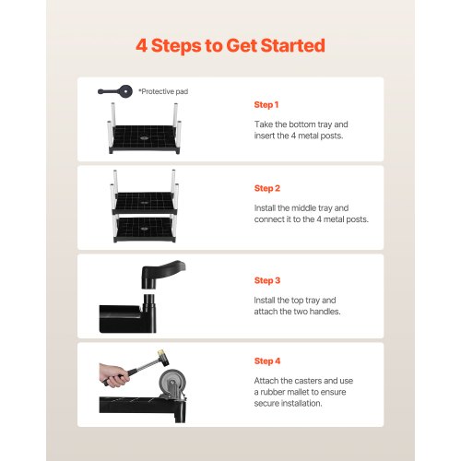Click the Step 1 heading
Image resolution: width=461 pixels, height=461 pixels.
[x=266, y=105]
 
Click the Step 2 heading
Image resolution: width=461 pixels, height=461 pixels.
[x=267, y=188]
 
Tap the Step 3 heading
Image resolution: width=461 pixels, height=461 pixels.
[x=267, y=280]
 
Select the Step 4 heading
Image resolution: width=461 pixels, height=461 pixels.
[x=267, y=361]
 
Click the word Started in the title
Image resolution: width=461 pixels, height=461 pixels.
[x=293, y=45]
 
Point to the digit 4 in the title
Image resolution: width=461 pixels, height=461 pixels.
[x=141, y=45]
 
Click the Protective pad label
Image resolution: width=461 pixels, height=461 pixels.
[x=163, y=91]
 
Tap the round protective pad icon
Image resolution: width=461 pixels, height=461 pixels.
[x=125, y=91]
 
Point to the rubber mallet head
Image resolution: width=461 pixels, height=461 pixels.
[x=163, y=358]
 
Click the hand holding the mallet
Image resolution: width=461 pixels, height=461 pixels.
[x=113, y=375]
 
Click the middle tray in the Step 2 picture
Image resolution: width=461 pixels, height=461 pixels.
[x=145, y=203]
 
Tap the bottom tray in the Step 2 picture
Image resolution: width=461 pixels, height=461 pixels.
[x=145, y=230]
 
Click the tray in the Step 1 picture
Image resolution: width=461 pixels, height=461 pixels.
[x=145, y=139]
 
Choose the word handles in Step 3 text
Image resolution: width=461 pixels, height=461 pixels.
[x=325, y=312]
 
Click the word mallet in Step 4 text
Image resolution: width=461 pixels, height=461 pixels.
[x=297, y=392]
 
